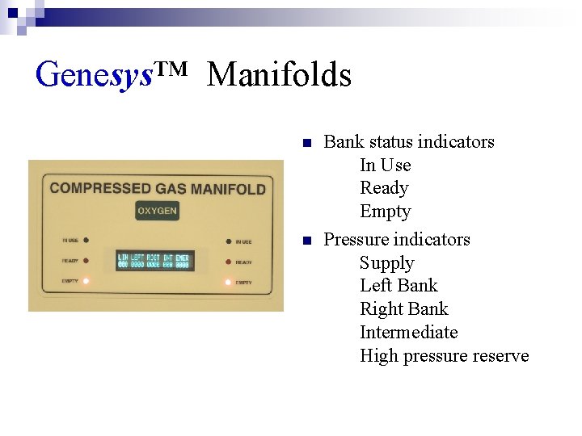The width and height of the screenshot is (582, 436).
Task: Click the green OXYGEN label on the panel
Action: click(157, 212)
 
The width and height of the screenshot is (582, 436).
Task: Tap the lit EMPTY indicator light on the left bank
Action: click(86, 281)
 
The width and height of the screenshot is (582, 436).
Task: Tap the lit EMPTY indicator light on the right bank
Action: click(228, 282)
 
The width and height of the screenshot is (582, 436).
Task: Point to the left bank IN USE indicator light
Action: click(86, 240)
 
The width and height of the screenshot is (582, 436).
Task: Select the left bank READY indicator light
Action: click(86, 261)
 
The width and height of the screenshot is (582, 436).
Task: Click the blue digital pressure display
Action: click(154, 261)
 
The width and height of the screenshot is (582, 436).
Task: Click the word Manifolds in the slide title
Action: click(279, 75)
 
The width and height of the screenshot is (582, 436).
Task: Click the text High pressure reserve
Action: click(444, 356)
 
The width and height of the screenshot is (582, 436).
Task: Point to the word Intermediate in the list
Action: click(408, 333)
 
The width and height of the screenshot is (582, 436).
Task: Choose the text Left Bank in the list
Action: click(399, 286)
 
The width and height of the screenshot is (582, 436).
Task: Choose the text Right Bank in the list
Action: click(403, 309)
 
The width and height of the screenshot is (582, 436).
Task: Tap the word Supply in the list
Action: click(386, 263)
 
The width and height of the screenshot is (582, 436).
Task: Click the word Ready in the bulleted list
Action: click(384, 188)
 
